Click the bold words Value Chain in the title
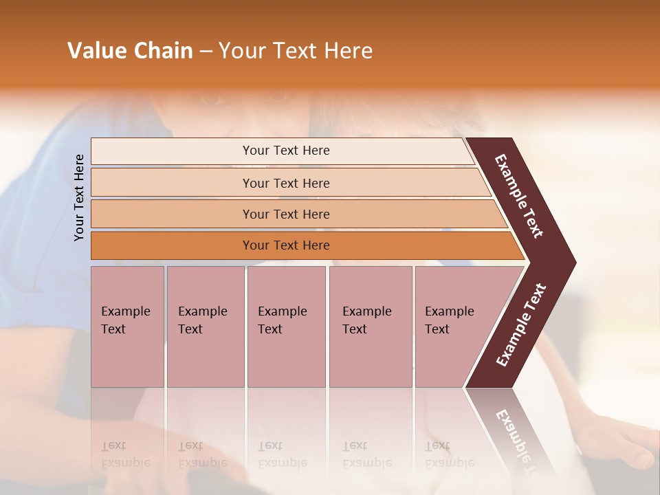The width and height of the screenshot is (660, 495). (x=130, y=51)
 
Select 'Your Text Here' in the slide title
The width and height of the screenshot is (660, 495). (x=296, y=51)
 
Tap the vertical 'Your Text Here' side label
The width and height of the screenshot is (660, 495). (x=79, y=197)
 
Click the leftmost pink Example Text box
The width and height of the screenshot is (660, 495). (x=127, y=327)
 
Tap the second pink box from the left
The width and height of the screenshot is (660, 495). (x=205, y=327)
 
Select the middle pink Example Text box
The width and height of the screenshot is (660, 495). (x=286, y=327)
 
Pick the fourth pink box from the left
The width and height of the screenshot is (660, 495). (x=370, y=327)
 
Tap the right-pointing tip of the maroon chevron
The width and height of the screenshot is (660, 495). (x=571, y=263)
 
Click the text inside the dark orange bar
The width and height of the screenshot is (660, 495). (x=286, y=245)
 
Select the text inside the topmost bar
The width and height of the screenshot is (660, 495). (x=286, y=151)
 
